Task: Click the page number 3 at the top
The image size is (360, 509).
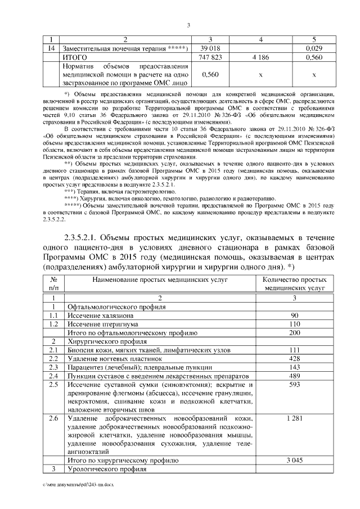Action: coord(188,25)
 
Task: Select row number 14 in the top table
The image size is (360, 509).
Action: coord(51,49)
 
